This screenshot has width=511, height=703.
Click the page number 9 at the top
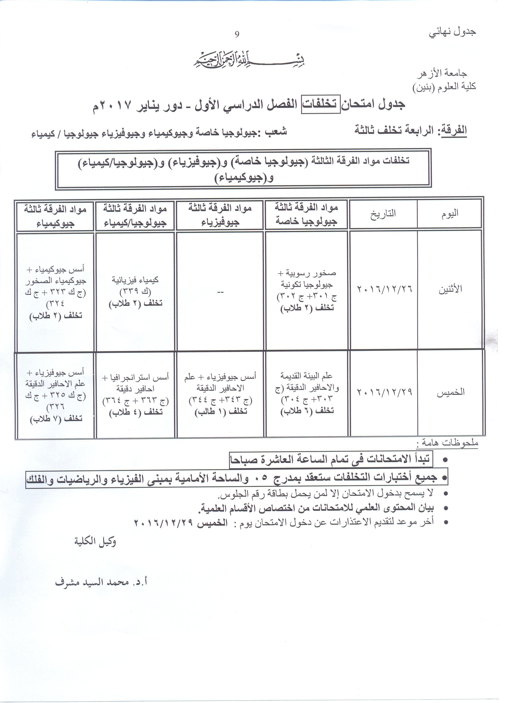[237, 34]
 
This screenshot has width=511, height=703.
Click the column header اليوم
[450, 214]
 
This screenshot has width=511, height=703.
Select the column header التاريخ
[383, 214]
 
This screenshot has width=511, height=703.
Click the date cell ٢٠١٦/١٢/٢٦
[385, 289]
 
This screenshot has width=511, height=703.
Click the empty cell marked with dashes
[220, 292]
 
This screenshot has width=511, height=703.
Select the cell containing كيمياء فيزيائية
[135, 291]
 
